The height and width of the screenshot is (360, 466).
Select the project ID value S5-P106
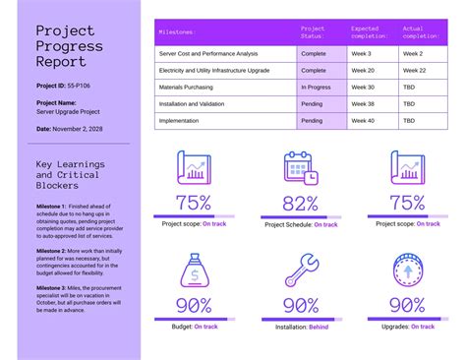click(84, 86)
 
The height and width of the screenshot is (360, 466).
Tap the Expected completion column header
click(370, 32)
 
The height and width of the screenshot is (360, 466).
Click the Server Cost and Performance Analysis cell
click(208, 53)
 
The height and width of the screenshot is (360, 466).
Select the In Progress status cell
click(315, 87)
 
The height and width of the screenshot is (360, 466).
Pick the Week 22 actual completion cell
click(414, 70)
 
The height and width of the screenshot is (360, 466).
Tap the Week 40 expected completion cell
click(363, 120)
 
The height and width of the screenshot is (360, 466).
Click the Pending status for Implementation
click(312, 120)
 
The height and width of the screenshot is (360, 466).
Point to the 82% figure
click(301, 204)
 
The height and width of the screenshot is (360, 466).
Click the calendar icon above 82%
click(300, 168)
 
